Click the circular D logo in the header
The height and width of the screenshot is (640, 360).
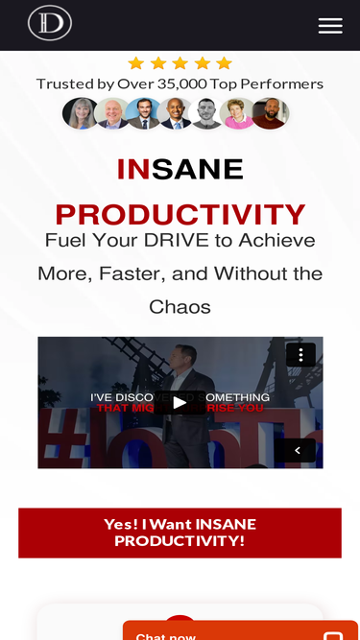coord(50,23)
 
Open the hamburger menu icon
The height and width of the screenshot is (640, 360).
coord(330,26)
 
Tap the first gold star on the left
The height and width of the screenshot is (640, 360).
coord(135,63)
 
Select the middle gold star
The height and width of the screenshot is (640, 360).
coord(180,63)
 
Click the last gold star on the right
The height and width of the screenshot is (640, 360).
coord(224,63)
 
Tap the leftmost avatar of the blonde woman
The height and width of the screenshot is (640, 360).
coord(79,113)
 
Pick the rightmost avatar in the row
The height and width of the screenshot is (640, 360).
coord(271,113)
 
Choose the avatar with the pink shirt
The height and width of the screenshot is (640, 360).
coord(237,113)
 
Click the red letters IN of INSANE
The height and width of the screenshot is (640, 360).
coord(133,169)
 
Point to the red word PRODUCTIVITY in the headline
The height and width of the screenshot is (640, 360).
coord(180,214)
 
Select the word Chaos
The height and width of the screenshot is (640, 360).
coord(180,307)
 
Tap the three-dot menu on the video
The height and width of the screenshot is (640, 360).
coord(300,355)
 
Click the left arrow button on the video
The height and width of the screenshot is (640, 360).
coord(297,450)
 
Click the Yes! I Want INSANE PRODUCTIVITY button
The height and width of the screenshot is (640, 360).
coord(180,533)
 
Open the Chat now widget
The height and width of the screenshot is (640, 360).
coord(240,631)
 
